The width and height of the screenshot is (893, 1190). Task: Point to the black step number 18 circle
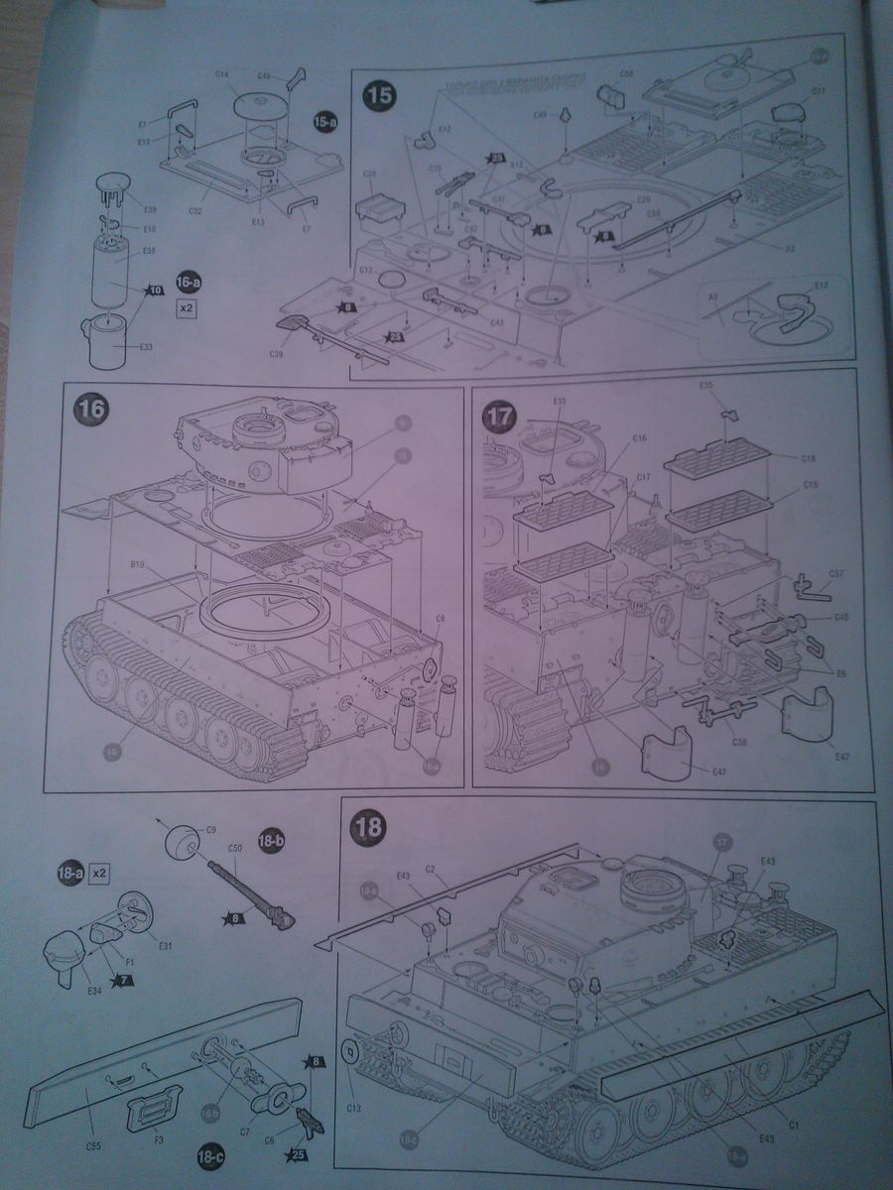(369, 825)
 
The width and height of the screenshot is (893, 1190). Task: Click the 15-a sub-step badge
(324, 122)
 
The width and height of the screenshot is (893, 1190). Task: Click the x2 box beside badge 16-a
(186, 307)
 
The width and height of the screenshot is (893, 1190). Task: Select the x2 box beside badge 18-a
(98, 874)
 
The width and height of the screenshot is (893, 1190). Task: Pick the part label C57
(835, 573)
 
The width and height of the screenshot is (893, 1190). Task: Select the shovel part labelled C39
(287, 323)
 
